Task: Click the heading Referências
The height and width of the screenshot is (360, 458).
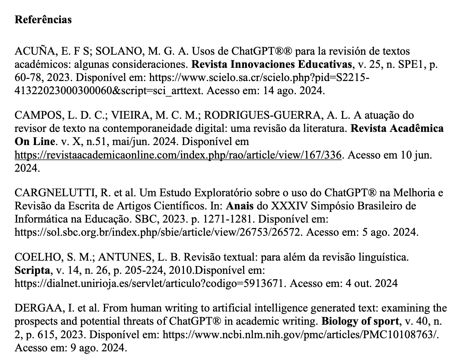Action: click(43, 20)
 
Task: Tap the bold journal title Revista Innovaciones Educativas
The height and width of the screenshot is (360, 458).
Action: click(272, 65)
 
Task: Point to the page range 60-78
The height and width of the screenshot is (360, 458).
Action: click(27, 78)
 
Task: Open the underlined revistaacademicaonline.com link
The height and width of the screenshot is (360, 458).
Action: click(178, 155)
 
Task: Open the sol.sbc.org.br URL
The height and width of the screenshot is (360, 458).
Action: click(157, 232)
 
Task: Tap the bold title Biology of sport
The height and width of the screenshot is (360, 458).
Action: click(360, 321)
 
